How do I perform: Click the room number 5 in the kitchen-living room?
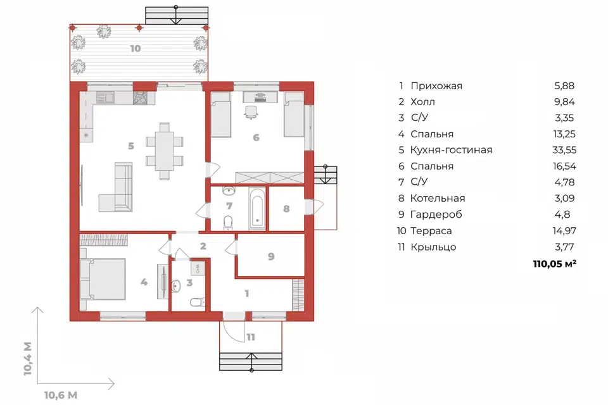pyautogui.click(x=131, y=146)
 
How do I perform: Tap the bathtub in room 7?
pyautogui.click(x=257, y=208)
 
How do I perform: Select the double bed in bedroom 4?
pyautogui.click(x=103, y=279)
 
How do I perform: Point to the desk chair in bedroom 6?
pyautogui.click(x=251, y=111)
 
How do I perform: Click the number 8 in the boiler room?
pyautogui.click(x=286, y=209)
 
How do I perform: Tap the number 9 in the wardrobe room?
pyautogui.click(x=271, y=256)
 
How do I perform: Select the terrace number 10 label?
pyautogui.click(x=136, y=49)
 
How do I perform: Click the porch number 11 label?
pyautogui.click(x=251, y=337)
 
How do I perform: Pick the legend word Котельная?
pyautogui.click(x=438, y=199)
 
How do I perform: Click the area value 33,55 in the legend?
pyautogui.click(x=564, y=150)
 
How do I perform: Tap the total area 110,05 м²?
pyautogui.click(x=555, y=264)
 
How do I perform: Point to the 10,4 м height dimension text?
pyautogui.click(x=27, y=359)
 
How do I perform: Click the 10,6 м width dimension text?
pyautogui.click(x=61, y=396)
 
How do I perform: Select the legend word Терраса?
pyautogui.click(x=431, y=231)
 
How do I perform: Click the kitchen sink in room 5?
pyautogui.click(x=105, y=97)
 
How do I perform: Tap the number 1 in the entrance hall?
pyautogui.click(x=247, y=294)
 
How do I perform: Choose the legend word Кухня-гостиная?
pyautogui.click(x=452, y=150)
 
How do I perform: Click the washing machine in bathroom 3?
pyautogui.click(x=198, y=268)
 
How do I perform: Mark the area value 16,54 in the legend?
pyautogui.click(x=564, y=166)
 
